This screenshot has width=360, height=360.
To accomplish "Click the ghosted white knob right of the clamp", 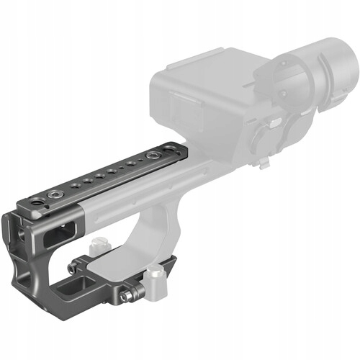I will pos(154,278).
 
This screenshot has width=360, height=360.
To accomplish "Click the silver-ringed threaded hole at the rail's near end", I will pos(55,194).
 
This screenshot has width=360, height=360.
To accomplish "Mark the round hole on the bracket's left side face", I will pos(21,233).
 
